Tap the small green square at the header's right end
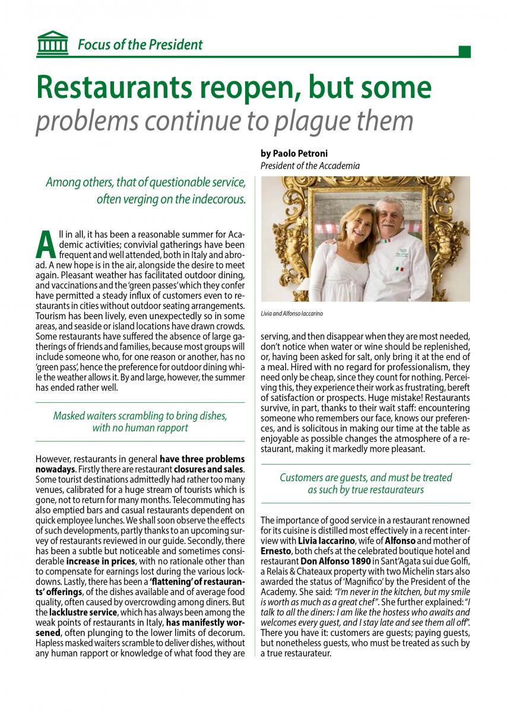coord(465,52)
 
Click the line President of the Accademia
coord(310,166)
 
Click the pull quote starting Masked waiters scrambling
coord(140,421)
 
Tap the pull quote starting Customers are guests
coord(366,483)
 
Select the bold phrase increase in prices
coord(96,561)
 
